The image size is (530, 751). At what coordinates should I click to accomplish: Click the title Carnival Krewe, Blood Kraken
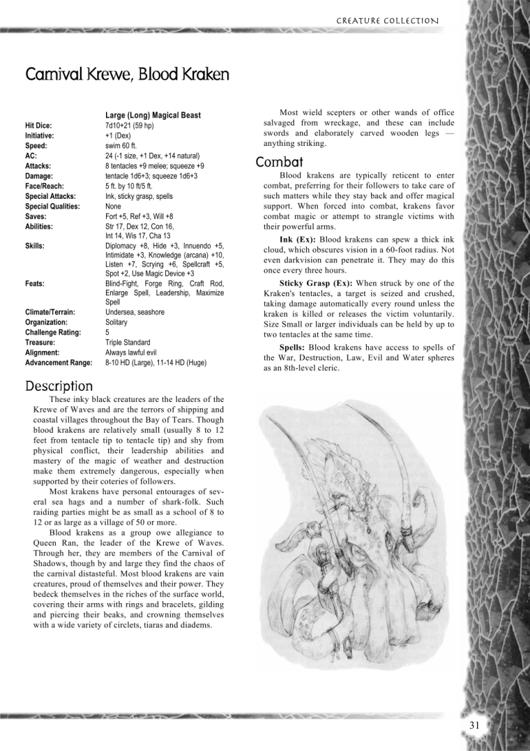pyautogui.click(x=127, y=74)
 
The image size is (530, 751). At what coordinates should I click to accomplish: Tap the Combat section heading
pyautogui.click(x=279, y=162)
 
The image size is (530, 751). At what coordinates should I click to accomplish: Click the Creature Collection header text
pyautogui.click(x=387, y=21)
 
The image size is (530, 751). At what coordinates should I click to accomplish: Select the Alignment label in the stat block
pyautogui.click(x=42, y=352)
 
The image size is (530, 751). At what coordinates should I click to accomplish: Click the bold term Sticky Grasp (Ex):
pyautogui.click(x=317, y=283)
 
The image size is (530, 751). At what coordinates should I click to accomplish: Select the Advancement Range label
pyautogui.click(x=59, y=363)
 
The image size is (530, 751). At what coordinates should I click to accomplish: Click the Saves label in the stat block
pyautogui.click(x=36, y=216)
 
